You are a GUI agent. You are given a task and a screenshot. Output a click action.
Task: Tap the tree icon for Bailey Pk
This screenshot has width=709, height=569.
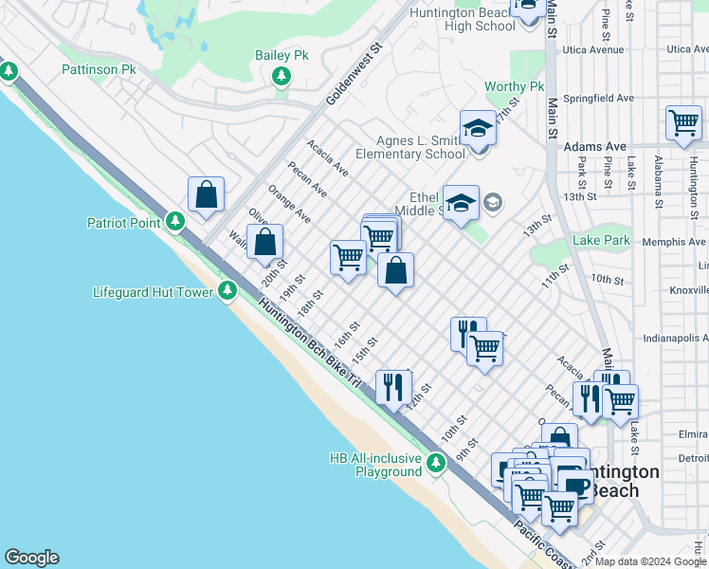pyautogui.click(x=282, y=76)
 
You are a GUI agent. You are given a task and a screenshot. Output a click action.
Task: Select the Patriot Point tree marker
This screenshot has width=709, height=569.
pyautogui.click(x=175, y=222)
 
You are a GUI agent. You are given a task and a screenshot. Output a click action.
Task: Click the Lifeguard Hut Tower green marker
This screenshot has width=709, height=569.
pyautogui.click(x=227, y=291)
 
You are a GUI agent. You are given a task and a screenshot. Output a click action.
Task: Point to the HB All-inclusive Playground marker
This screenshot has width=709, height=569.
pyautogui.click(x=436, y=464)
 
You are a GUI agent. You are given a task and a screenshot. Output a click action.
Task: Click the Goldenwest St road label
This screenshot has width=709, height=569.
pyautogui.click(x=353, y=74)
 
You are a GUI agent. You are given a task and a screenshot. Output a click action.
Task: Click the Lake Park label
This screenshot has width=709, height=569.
pyautogui.click(x=601, y=241)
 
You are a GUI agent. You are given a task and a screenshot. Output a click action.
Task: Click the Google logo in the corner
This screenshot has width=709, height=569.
pyautogui.click(x=31, y=558)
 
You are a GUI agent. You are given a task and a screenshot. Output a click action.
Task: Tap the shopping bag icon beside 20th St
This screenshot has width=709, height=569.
pyautogui.click(x=266, y=242)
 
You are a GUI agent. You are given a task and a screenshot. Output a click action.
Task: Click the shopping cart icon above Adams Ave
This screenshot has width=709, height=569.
pyautogui.click(x=683, y=122)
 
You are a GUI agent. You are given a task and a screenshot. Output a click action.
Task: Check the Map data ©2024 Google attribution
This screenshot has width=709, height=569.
pyautogui.click(x=649, y=561)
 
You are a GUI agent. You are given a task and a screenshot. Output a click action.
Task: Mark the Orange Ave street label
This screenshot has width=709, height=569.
pyautogui.click(x=289, y=204)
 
